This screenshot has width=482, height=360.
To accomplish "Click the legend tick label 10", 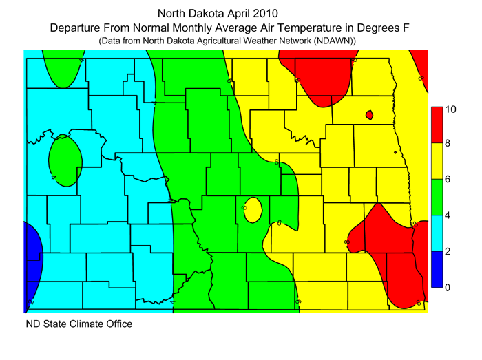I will tap(451, 109).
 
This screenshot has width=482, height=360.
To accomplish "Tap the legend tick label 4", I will tap(448, 215).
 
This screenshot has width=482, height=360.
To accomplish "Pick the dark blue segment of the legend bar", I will tap(437, 269).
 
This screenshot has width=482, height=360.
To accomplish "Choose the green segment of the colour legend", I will tap(437, 198).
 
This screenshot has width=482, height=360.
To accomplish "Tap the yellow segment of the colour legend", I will tap(437, 161).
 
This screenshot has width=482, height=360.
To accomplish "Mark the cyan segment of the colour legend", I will tap(437, 233).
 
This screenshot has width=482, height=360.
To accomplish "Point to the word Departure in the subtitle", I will tap(75, 29).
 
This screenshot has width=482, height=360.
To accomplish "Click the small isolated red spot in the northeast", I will tap(369, 114).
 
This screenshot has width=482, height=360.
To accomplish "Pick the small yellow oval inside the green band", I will tap(252, 209).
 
